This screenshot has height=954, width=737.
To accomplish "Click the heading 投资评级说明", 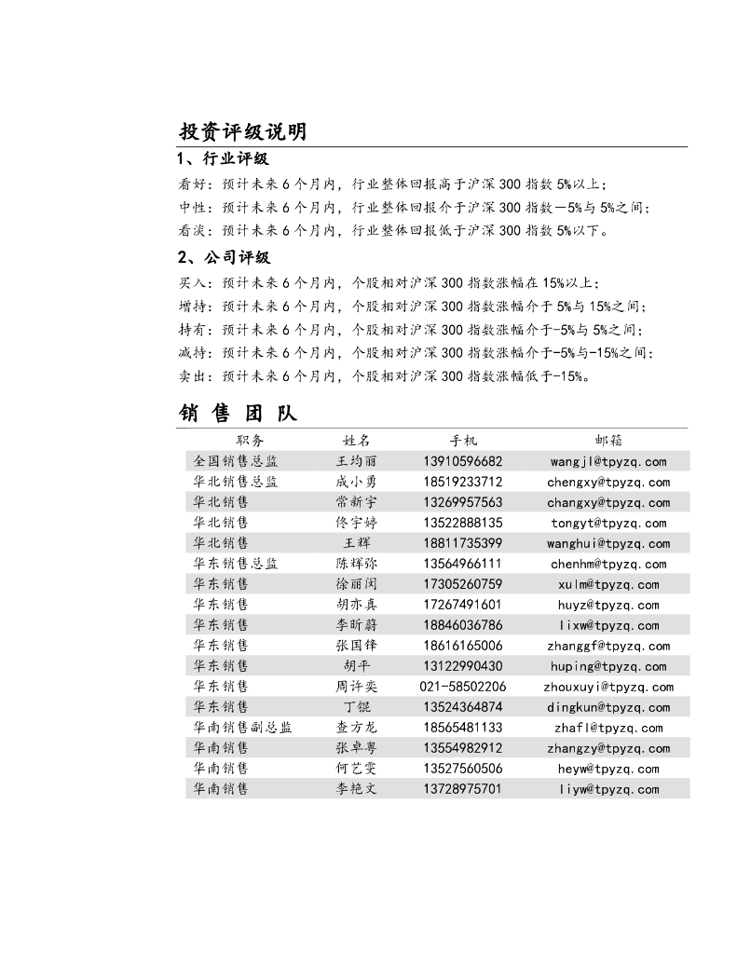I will [242, 131].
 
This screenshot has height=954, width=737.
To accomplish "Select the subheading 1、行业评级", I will [223, 159].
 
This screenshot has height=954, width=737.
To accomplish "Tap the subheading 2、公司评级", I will [224, 258].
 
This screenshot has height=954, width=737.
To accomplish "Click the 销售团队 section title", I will [238, 413].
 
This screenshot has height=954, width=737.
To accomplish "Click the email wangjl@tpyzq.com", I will [608, 461].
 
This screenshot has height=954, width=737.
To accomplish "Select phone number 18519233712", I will [462, 482].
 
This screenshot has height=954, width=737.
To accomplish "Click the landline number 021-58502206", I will [462, 687].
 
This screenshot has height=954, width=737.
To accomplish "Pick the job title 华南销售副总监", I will [242, 728].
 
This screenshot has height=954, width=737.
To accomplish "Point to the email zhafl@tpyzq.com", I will [608, 728].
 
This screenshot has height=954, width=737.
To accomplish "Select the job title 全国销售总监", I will [235, 461].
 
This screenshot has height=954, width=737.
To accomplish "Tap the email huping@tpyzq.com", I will [608, 666].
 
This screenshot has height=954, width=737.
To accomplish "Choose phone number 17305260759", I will [462, 584].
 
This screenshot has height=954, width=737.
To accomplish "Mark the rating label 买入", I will [192, 282].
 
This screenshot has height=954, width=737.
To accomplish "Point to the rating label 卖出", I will [192, 376].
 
